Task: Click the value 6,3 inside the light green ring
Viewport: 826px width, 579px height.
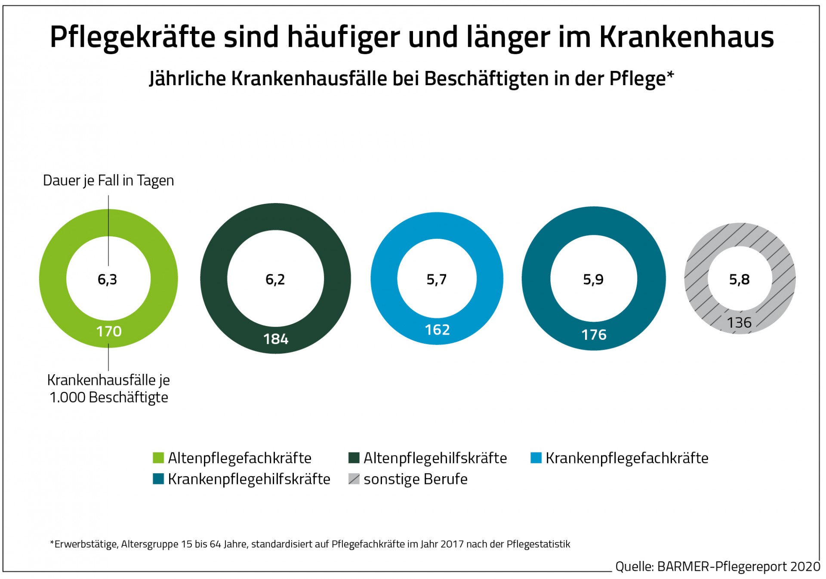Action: pyautogui.click(x=107, y=280)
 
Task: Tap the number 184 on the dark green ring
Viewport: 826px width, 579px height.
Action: pyautogui.click(x=276, y=339)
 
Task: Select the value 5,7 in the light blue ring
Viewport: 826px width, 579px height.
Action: pyautogui.click(x=437, y=280)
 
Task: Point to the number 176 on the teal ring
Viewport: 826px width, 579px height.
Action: pyautogui.click(x=594, y=335)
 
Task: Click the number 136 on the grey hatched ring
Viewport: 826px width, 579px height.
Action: pyautogui.click(x=739, y=323)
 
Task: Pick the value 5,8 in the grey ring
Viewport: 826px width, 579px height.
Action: pyautogui.click(x=739, y=280)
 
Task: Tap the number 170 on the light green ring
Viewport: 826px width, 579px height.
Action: pyautogui.click(x=109, y=331)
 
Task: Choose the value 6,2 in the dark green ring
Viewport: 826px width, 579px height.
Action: pyautogui.click(x=275, y=280)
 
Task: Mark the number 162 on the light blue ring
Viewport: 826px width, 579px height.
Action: pyautogui.click(x=437, y=330)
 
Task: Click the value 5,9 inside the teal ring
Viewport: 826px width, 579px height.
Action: pyautogui.click(x=593, y=280)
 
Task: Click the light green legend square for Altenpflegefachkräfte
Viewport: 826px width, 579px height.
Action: pyautogui.click(x=158, y=458)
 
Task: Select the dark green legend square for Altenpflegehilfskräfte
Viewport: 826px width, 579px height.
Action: pyautogui.click(x=354, y=458)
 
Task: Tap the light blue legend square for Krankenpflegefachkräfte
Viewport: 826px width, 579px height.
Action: pyautogui.click(x=536, y=458)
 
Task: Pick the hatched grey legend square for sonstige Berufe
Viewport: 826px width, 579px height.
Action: pyautogui.click(x=354, y=479)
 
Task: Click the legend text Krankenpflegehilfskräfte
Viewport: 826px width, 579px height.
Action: pyautogui.click(x=249, y=479)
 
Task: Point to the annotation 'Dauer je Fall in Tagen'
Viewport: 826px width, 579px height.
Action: pyautogui.click(x=108, y=181)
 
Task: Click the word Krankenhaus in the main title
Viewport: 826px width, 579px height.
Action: pyautogui.click(x=687, y=37)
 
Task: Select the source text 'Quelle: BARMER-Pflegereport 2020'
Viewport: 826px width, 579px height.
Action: pyautogui.click(x=718, y=567)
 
